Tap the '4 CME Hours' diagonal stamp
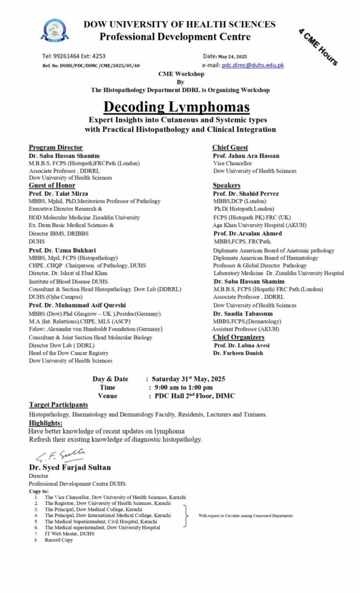pyautogui.click(x=318, y=46)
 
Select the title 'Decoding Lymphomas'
pyautogui.click(x=177, y=107)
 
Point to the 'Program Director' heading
pyautogui.click(x=56, y=148)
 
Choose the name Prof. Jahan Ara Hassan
pyautogui.click(x=246, y=156)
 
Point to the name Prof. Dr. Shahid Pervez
pyautogui.click(x=246, y=193)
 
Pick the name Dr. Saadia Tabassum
pyautogui.click(x=243, y=313)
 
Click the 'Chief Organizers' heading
pyautogui.click(x=238, y=337)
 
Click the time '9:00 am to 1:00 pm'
pyautogui.click(x=181, y=387)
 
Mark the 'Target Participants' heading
pyautogui.click(x=58, y=404)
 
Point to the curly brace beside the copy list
pyautogui.click(x=186, y=515)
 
